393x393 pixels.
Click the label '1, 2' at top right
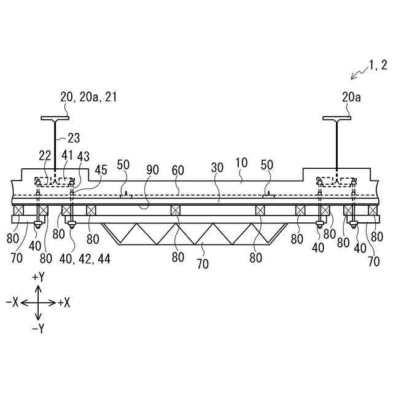pyautogui.click(x=375, y=64)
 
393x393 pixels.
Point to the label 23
pyautogui.click(x=74, y=138)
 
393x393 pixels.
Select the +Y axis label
pyautogui.click(x=38, y=278)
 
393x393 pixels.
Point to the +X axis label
pyautogui.click(x=64, y=302)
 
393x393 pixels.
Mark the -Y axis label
pyautogui.click(x=37, y=329)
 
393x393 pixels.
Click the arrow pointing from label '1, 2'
pyautogui.click(x=356, y=75)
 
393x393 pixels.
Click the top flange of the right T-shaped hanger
pyautogui.click(x=337, y=118)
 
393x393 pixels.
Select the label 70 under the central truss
pyautogui.click(x=203, y=265)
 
